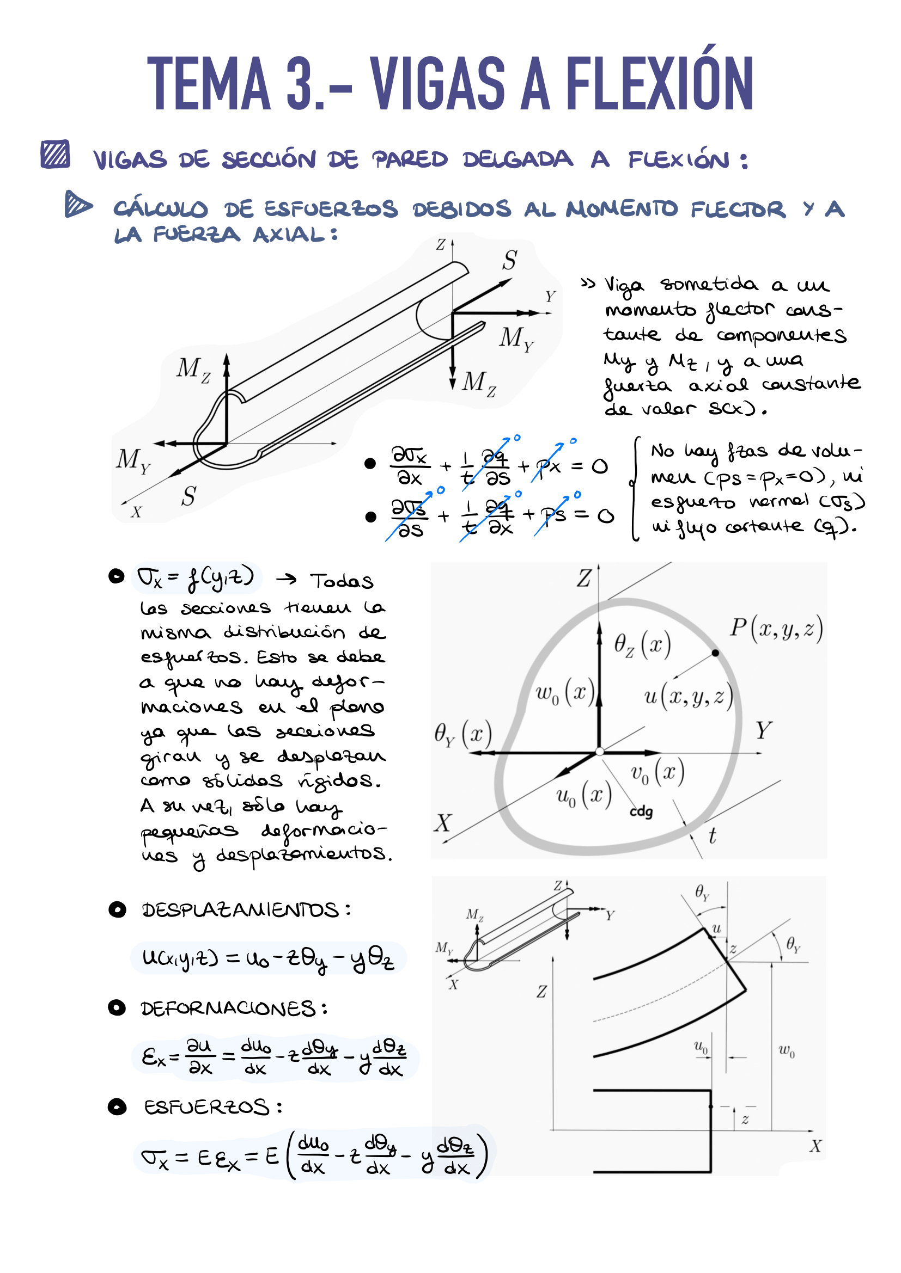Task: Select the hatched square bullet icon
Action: (x=56, y=154)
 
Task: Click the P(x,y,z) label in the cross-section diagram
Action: (x=776, y=628)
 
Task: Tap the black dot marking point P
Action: (x=715, y=653)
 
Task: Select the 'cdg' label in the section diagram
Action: (x=641, y=811)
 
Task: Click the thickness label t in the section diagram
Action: (x=713, y=835)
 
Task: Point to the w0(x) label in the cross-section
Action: (x=565, y=693)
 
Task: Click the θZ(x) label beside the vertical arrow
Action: (x=642, y=645)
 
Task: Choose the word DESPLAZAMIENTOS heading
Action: (x=240, y=910)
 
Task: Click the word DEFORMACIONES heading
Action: (x=228, y=1008)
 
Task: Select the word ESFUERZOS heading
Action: (x=207, y=1107)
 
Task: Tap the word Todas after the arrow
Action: (x=341, y=581)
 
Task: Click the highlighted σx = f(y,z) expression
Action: (x=196, y=578)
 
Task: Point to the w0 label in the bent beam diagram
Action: (x=787, y=1050)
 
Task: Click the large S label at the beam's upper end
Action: (x=510, y=260)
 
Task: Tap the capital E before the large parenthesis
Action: (x=271, y=1157)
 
